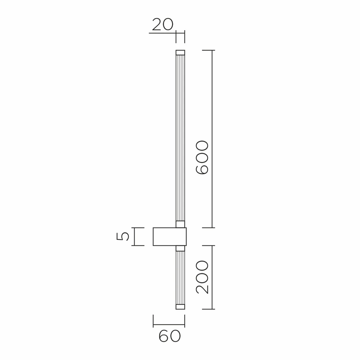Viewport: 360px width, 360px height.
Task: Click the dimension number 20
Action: coord(163,24)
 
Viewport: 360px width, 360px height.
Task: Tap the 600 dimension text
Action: coord(202,158)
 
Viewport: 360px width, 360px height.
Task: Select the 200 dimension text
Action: coord(202,277)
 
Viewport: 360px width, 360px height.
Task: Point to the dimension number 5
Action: coord(123,237)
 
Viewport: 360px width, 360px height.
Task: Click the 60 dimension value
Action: coord(170,337)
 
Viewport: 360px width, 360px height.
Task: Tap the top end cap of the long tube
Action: coord(180,52)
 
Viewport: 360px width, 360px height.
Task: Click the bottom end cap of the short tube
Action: coord(180,307)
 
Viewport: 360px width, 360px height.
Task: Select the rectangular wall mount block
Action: coord(170,237)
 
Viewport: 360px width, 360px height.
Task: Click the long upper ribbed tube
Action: coord(180,138)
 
